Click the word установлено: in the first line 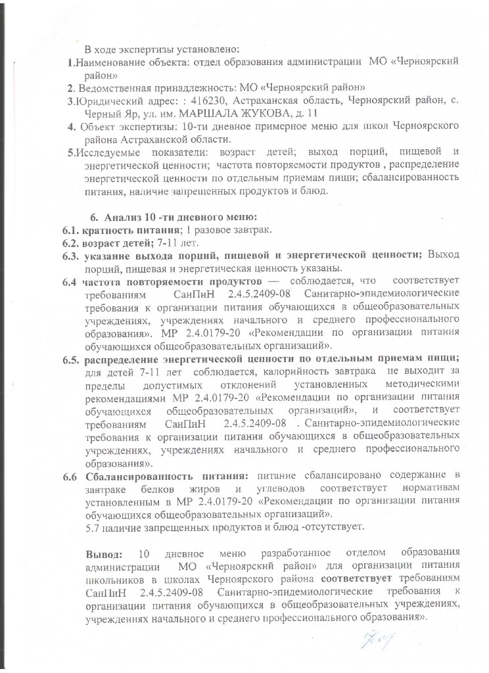point(211,49)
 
